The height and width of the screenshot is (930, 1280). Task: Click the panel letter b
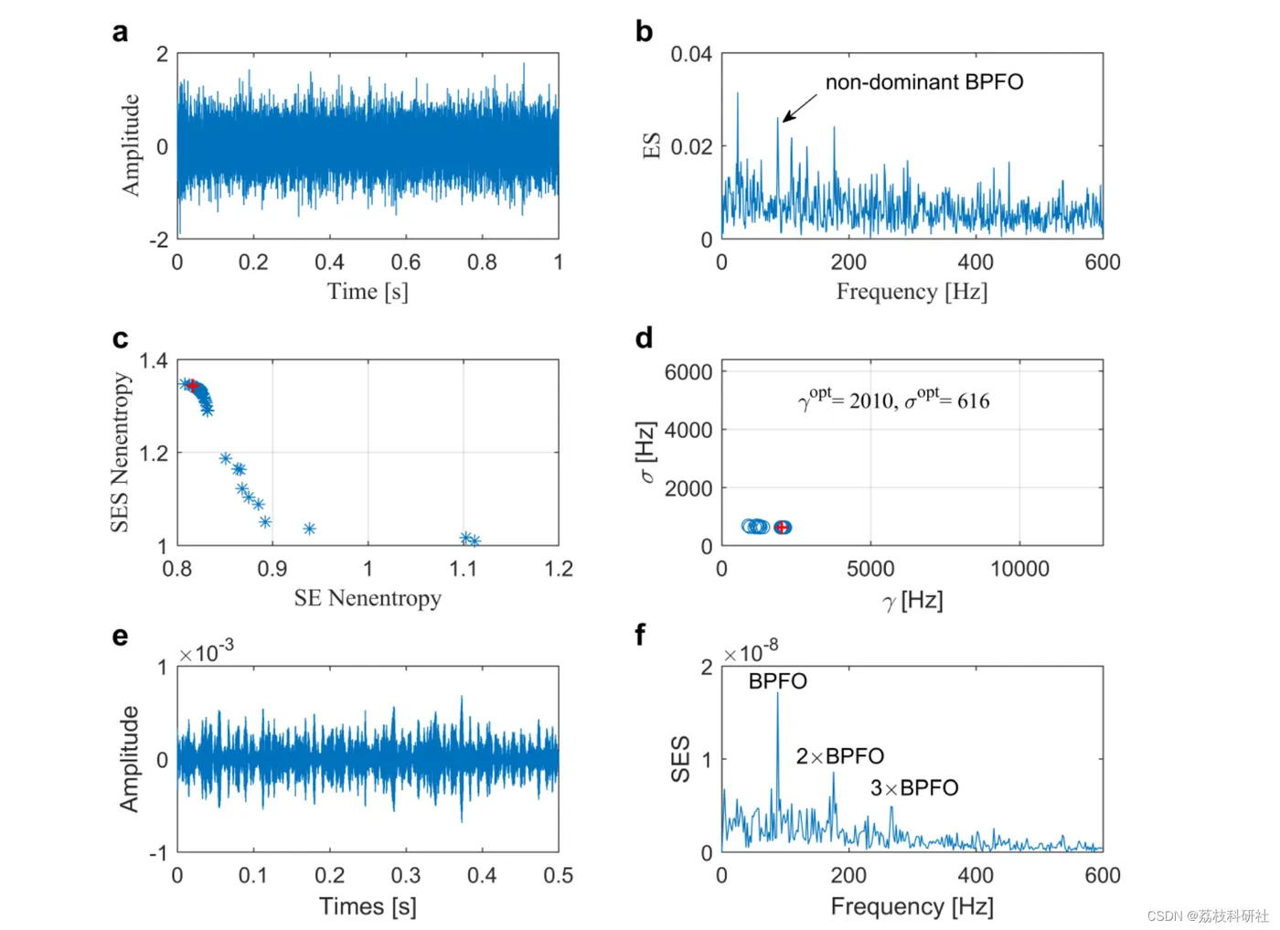[x=645, y=32]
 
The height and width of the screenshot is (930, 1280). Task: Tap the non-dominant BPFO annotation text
[x=923, y=82]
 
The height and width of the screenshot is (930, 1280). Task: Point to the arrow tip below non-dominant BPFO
[x=784, y=121]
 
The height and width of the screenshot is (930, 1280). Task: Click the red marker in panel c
[x=192, y=386]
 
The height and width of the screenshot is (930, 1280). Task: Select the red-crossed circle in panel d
[x=782, y=528]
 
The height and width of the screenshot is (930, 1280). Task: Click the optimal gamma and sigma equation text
[x=893, y=400]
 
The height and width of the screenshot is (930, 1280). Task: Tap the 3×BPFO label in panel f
[x=913, y=788]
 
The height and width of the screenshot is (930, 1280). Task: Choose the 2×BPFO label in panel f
[x=839, y=756]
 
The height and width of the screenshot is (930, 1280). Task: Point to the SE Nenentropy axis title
[x=368, y=598]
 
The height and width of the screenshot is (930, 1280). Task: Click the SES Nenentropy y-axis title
[x=120, y=452]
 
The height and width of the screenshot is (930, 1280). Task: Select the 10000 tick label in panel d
[x=1019, y=569]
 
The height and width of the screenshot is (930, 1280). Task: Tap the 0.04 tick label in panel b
[x=691, y=54]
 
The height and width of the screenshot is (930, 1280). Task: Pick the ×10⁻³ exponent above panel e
[x=206, y=653]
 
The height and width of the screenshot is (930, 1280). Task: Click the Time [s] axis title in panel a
[x=368, y=292]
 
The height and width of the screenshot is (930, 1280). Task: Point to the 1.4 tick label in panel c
[x=154, y=360]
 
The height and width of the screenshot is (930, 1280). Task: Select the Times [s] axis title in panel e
[x=368, y=906]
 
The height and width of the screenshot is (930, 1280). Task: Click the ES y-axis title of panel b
[x=652, y=145]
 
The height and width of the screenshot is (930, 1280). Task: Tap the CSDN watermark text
[x=1207, y=915]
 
